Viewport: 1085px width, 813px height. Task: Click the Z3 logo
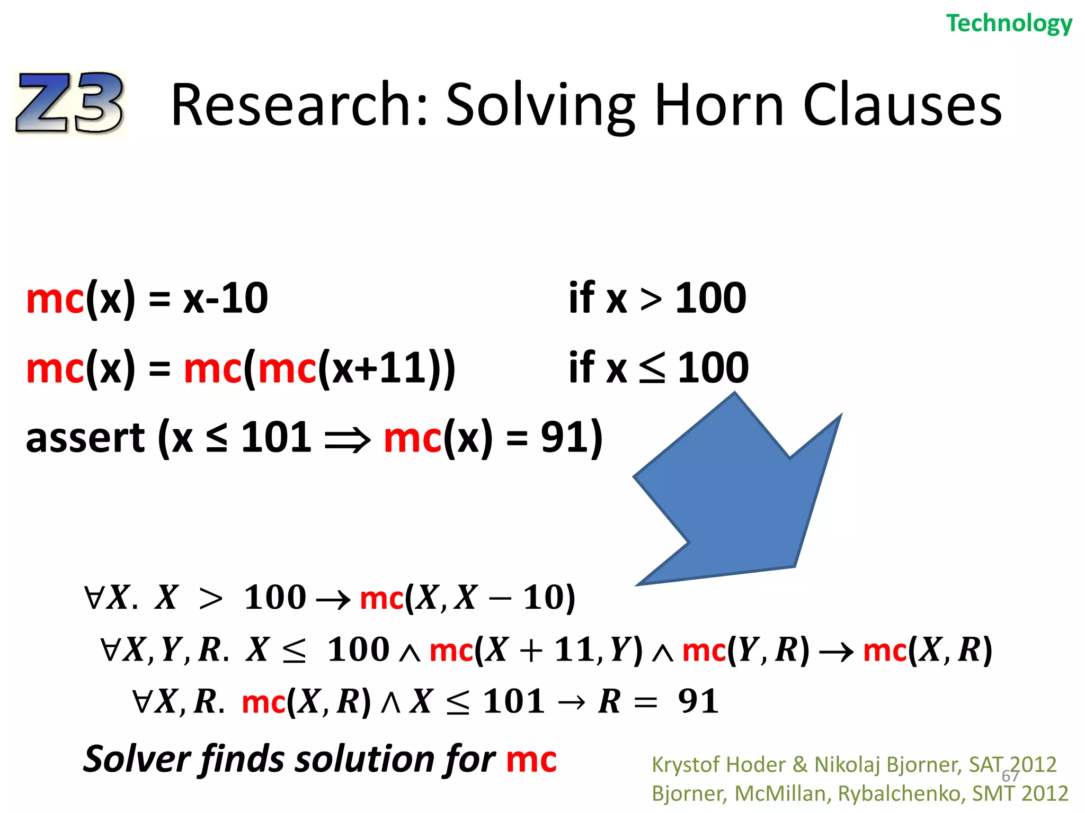(x=70, y=103)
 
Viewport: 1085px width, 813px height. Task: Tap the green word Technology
(x=1009, y=24)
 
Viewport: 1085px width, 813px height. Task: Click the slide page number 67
(x=1010, y=776)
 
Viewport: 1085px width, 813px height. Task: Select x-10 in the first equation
(x=226, y=299)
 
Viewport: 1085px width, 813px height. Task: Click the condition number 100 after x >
(x=710, y=299)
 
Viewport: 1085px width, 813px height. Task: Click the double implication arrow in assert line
(x=348, y=439)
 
